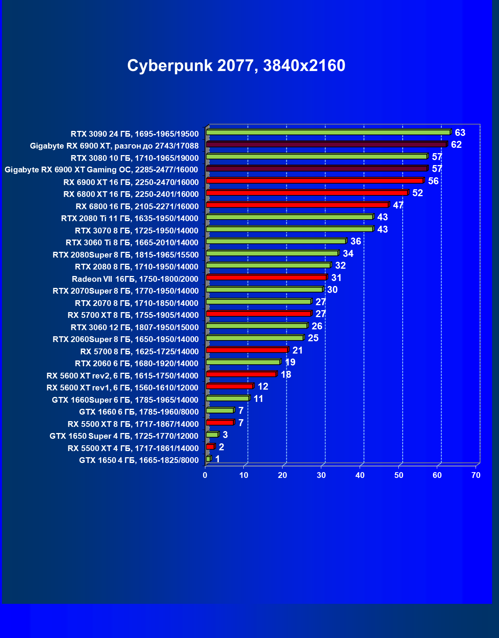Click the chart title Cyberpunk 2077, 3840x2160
[236, 66]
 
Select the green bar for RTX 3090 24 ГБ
[328, 132]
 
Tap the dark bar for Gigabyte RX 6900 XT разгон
[326, 144]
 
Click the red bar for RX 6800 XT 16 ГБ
[307, 193]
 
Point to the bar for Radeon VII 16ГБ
[266, 278]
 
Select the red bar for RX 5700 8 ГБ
[247, 350]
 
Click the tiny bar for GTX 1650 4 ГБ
[208, 459]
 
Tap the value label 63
[460, 133]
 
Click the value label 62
[456, 145]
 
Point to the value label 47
[398, 205]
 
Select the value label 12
[263, 387]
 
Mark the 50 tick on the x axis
[399, 475]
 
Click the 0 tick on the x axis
[205, 475]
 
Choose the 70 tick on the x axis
[476, 475]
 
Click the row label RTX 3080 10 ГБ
[135, 158]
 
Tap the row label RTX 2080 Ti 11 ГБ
[130, 218]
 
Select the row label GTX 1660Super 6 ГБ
[125, 400]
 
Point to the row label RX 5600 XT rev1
[122, 388]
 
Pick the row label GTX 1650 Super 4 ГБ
[124, 436]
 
